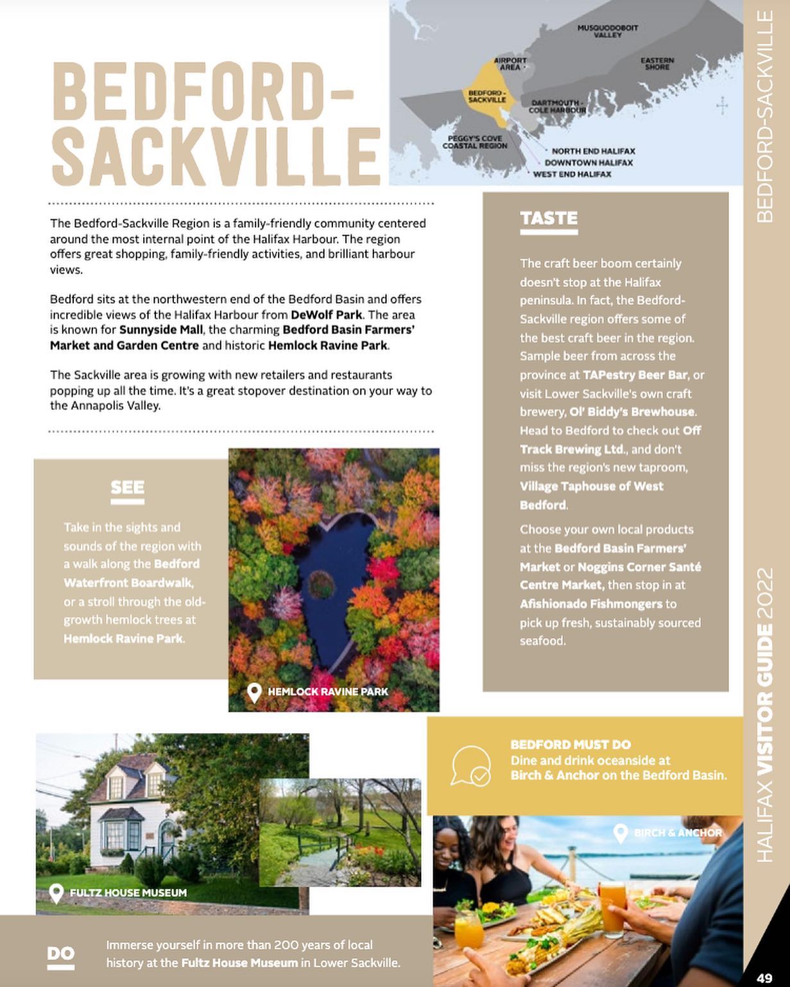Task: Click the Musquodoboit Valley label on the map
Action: [607, 31]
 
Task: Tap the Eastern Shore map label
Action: [657, 63]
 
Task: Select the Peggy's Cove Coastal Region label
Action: [475, 142]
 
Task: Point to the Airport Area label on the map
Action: [510, 63]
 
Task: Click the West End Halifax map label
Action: [572, 174]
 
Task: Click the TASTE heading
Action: [549, 219]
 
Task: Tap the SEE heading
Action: [127, 488]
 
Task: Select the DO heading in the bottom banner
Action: [60, 954]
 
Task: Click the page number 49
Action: [764, 978]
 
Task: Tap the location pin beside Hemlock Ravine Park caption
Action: [254, 693]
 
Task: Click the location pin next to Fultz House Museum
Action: [56, 893]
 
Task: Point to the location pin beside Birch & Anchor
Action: [620, 833]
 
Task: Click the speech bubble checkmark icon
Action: [470, 766]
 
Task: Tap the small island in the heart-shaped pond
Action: [320, 583]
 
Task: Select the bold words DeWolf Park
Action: [326, 315]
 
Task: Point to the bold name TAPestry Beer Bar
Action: [635, 375]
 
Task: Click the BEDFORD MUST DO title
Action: [570, 745]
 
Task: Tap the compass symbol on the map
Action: [722, 106]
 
